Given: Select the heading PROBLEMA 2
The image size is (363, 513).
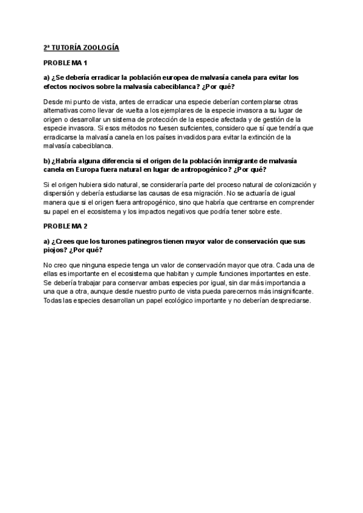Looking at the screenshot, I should [x=66, y=226].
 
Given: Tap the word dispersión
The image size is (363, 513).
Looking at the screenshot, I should [x=60, y=193].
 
